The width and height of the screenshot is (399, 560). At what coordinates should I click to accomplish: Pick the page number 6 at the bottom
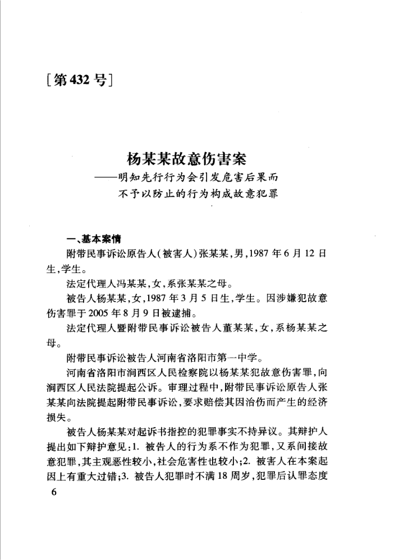pos(54,492)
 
